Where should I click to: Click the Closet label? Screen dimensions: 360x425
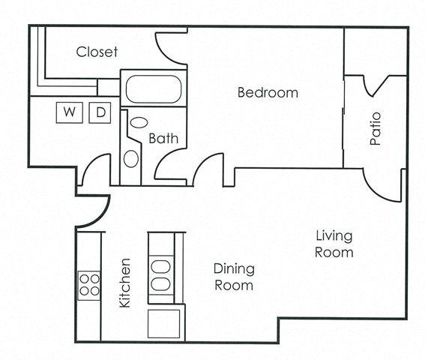point(97,52)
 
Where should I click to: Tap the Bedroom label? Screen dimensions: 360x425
point(268,93)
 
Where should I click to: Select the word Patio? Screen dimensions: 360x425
point(376,128)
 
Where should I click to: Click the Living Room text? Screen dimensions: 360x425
point(334,244)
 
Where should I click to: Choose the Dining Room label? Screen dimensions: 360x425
point(234,277)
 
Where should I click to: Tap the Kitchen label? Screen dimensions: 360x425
point(125,283)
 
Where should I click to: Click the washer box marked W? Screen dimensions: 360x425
point(70,112)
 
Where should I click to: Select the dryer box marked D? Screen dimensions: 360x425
point(100,112)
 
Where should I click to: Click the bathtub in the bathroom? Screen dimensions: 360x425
point(153,88)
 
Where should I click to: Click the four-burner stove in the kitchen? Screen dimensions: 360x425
point(89,285)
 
